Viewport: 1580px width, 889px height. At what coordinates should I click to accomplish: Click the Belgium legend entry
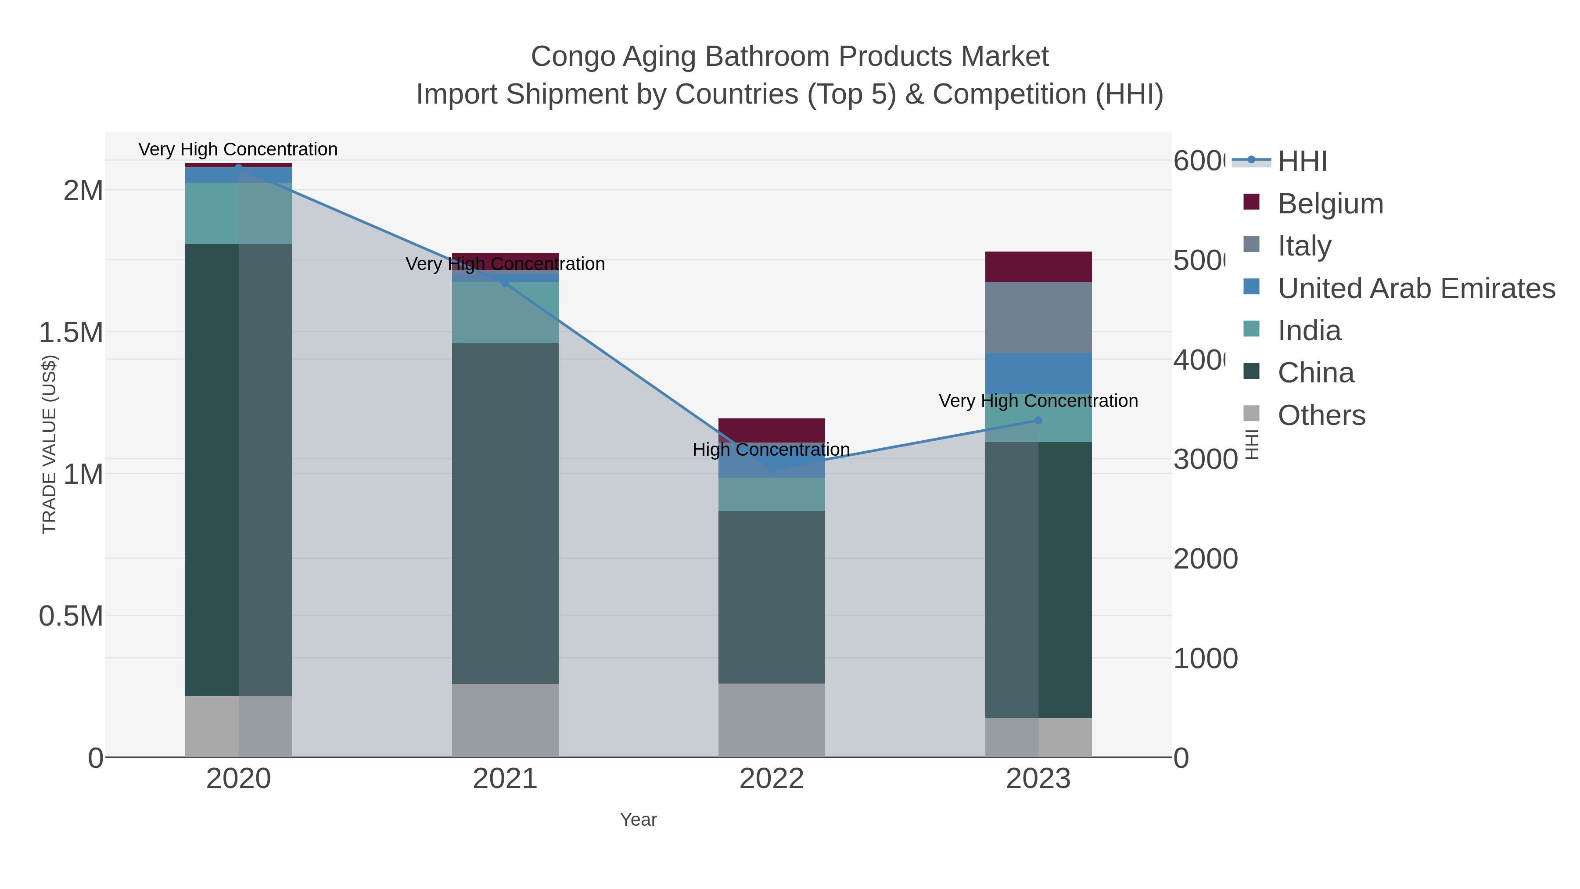coord(1330,204)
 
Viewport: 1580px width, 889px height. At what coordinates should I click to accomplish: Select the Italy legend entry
coord(1304,246)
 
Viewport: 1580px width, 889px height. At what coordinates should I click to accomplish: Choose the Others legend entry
coord(1321,415)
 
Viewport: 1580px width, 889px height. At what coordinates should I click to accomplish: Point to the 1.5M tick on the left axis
coord(71,332)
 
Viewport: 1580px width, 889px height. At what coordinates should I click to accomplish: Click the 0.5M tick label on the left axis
coord(71,616)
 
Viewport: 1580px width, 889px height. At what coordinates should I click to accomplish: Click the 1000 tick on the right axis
coord(1205,659)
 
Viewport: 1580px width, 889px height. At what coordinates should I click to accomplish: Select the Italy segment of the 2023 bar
coord(1038,318)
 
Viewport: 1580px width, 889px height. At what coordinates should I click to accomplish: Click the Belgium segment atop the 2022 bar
coord(771,429)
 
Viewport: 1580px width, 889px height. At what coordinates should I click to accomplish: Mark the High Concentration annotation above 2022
coord(771,450)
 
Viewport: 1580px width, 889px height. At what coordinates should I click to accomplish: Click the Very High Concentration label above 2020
coord(238,150)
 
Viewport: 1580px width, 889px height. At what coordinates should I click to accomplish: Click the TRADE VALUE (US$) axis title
coord(49,444)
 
